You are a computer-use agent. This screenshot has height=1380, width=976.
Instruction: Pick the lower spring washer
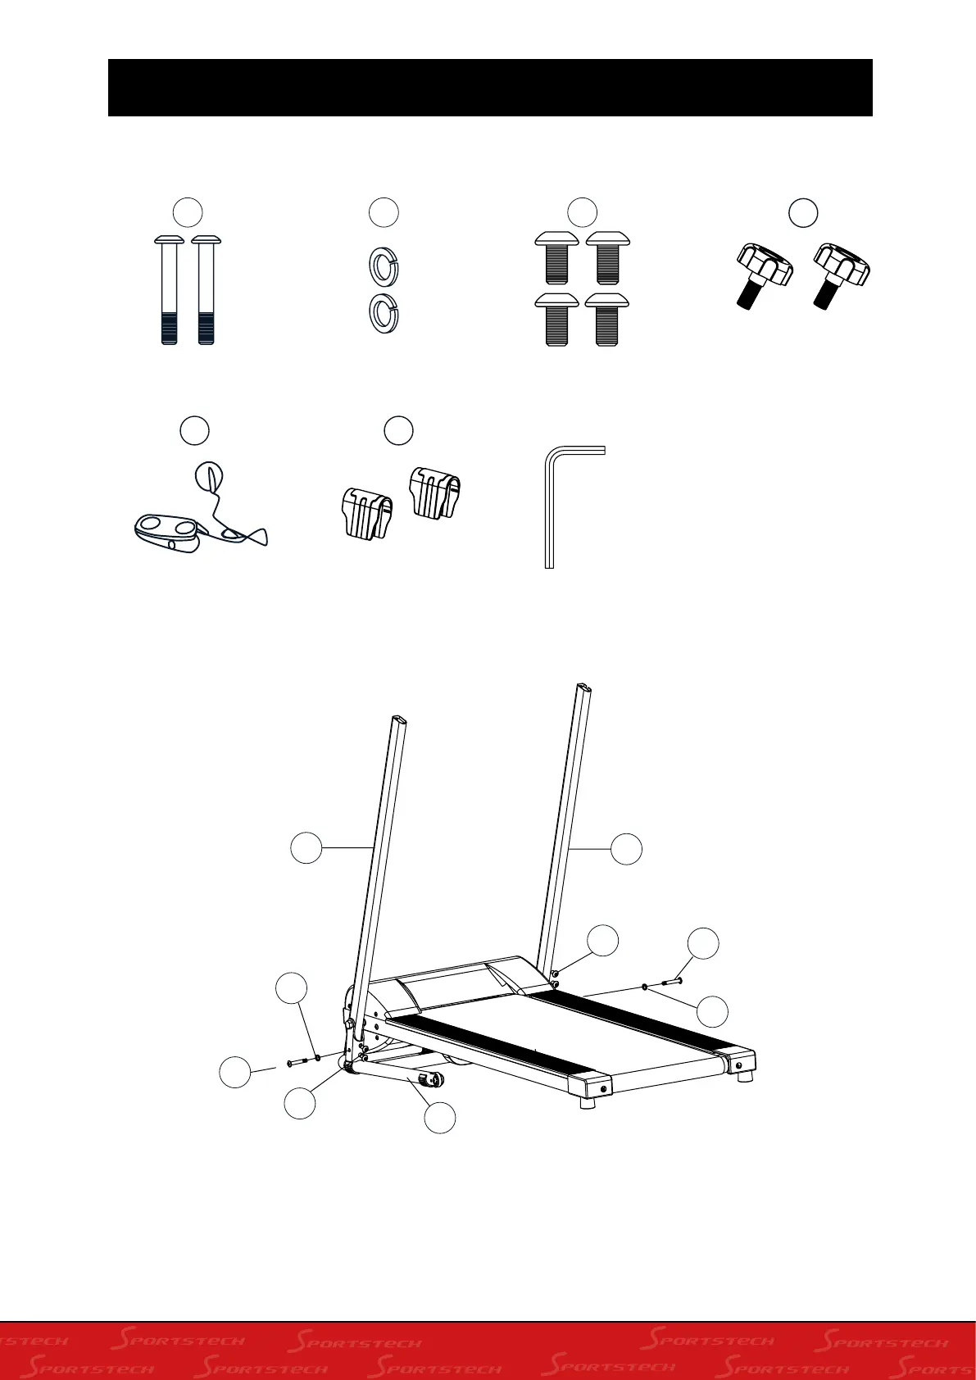[381, 311]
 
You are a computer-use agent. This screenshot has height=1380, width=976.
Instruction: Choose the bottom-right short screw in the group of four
[607, 319]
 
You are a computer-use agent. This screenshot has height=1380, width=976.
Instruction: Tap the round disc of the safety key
[207, 475]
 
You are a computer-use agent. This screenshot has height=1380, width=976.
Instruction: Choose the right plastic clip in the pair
[434, 491]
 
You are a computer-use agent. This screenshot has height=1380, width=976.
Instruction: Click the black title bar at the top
[490, 88]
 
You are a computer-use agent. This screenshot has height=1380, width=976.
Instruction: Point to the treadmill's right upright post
[564, 819]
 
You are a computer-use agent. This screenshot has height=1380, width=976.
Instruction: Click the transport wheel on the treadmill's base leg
[432, 1078]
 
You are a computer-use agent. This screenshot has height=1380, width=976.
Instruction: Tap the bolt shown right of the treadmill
[670, 981]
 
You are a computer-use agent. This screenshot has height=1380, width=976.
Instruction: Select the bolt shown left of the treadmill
[296, 1062]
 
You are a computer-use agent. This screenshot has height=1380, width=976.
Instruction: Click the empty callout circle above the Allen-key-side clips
[398, 431]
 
